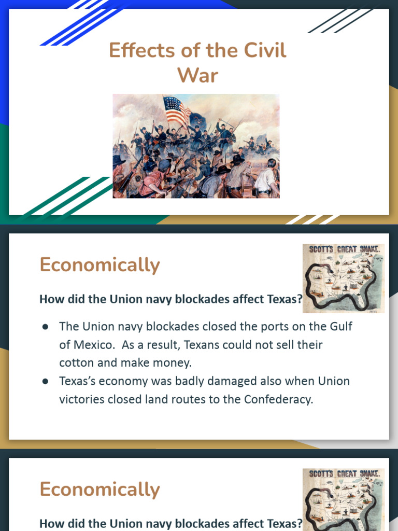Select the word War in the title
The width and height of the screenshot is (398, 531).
197,76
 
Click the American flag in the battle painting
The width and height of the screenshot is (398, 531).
177,109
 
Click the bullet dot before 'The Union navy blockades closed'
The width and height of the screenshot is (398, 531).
46,327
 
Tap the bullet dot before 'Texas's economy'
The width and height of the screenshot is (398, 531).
46,382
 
